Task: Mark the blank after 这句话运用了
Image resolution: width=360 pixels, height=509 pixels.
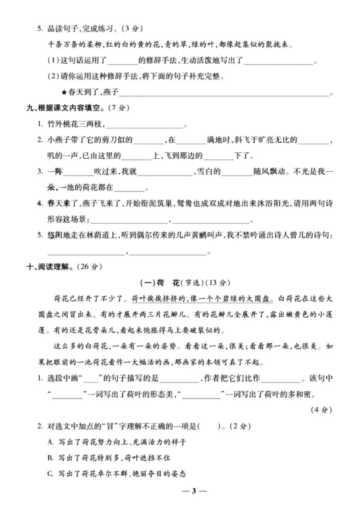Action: pyautogui.click(x=120, y=62)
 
